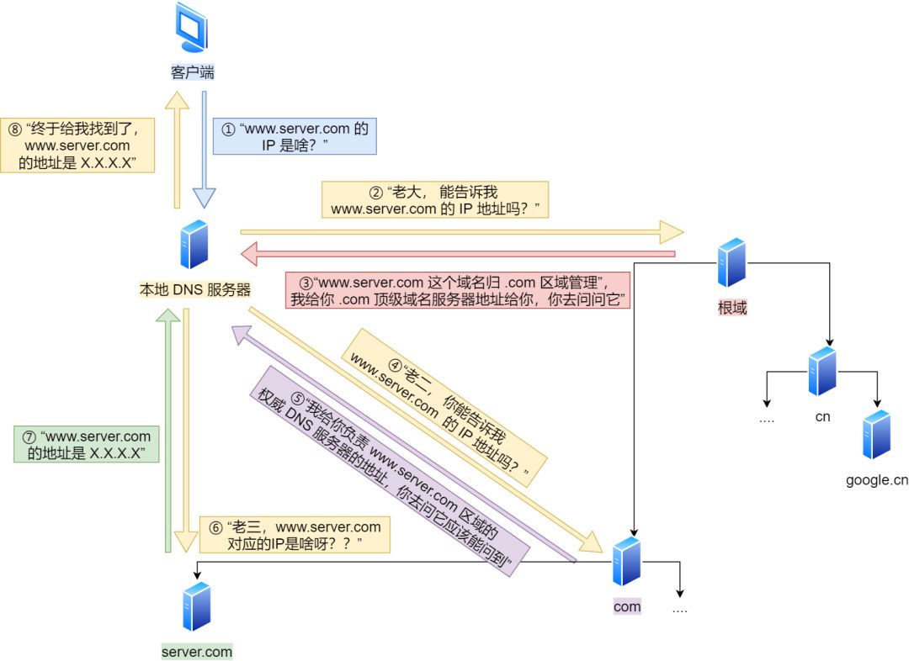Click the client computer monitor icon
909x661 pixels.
[x=191, y=29]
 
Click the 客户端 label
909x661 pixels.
[x=192, y=72]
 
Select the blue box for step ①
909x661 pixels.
[x=295, y=137]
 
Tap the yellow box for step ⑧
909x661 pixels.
[x=78, y=145]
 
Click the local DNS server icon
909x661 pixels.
[x=194, y=244]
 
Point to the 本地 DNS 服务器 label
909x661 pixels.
[x=195, y=290]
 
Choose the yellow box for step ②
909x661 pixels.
[x=434, y=200]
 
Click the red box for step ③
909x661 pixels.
[x=458, y=289]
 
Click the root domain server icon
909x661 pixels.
[x=731, y=262]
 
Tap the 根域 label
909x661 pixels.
[x=732, y=308]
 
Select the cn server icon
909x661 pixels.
[x=822, y=371]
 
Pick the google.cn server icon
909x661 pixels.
[x=876, y=434]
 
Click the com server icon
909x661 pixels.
[x=627, y=561]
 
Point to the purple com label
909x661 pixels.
[x=627, y=606]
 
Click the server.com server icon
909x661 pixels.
[x=196, y=605]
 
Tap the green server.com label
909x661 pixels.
[x=197, y=652]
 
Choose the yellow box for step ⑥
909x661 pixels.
[x=295, y=535]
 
